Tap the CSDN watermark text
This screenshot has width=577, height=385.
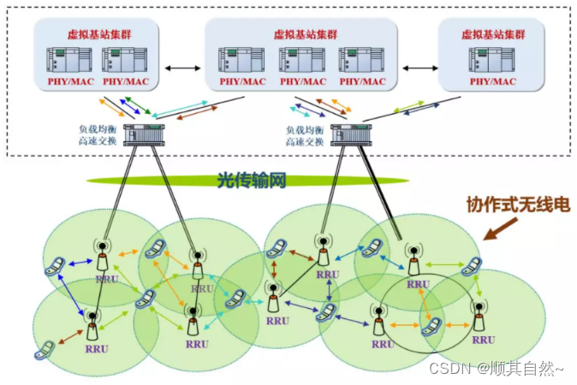pyautogui.click(x=497, y=369)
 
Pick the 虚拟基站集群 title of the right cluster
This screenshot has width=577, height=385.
pyautogui.click(x=491, y=35)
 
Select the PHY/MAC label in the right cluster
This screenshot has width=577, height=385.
pyautogui.click(x=491, y=82)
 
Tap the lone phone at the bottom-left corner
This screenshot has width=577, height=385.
pyautogui.click(x=45, y=351)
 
